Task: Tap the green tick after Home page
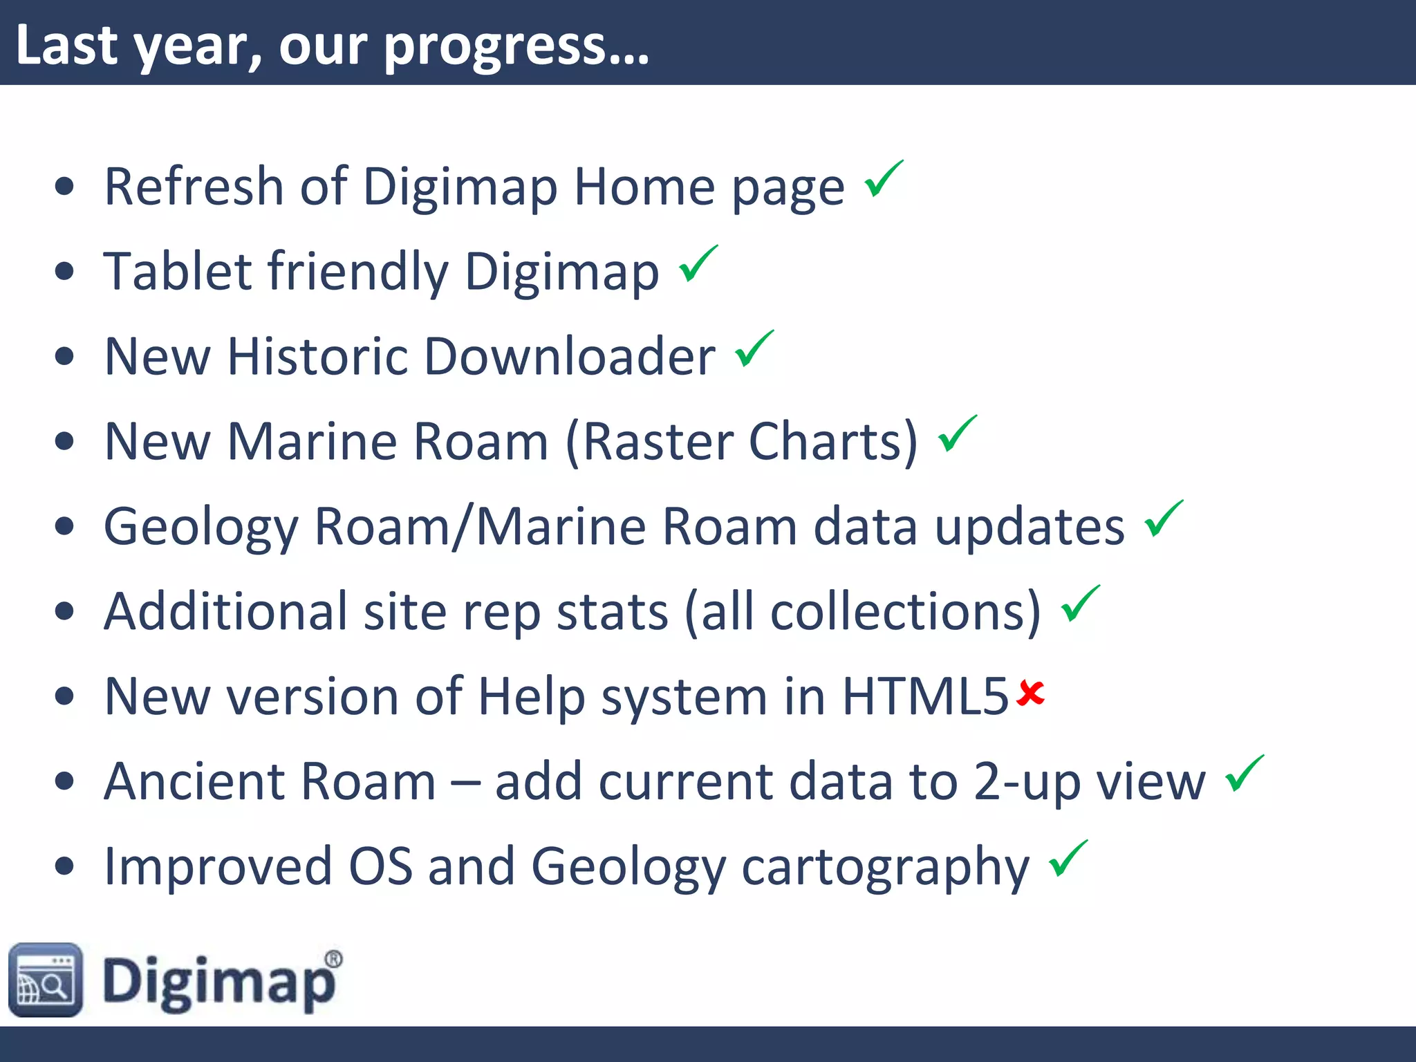click(883, 179)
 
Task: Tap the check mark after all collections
click(1079, 604)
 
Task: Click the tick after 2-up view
click(1244, 774)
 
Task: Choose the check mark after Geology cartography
click(1068, 859)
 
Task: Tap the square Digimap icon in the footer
click(46, 980)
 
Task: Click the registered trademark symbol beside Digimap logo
click(333, 959)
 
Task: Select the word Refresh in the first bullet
click(194, 187)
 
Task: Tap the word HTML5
click(925, 696)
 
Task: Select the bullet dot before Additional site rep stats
click(64, 611)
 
